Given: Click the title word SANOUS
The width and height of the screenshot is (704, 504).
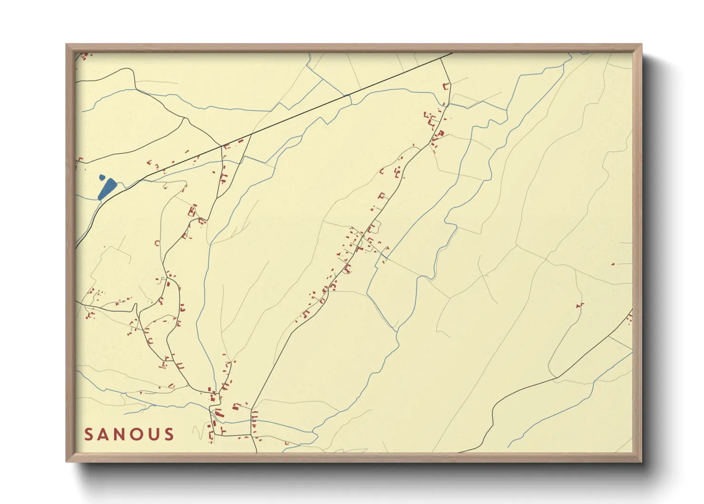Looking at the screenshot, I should (x=129, y=434).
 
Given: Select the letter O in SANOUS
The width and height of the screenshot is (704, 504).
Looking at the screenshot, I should (x=141, y=434).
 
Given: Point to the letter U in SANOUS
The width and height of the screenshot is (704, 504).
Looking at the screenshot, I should (x=156, y=434).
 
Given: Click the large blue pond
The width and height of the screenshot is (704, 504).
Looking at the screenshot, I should (x=107, y=189).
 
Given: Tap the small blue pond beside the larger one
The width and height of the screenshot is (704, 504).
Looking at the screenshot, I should (x=102, y=178).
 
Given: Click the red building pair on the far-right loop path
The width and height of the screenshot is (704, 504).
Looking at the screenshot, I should (x=580, y=305).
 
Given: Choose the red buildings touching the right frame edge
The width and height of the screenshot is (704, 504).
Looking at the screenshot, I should (x=630, y=316).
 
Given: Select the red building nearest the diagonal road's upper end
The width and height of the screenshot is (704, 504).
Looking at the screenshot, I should (x=446, y=87).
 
